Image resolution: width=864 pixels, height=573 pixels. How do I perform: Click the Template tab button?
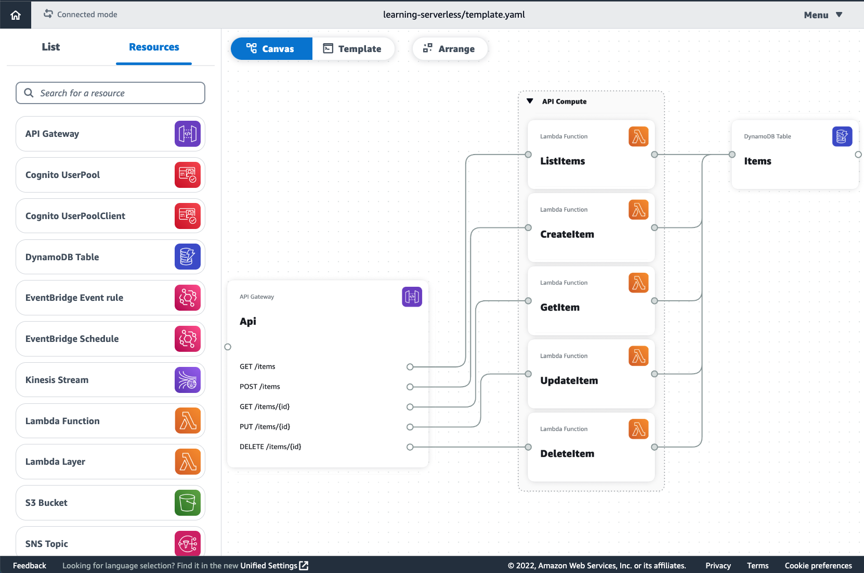(352, 49)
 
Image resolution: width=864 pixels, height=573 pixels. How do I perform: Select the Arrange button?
(449, 49)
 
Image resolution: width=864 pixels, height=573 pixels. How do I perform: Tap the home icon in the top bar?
(16, 15)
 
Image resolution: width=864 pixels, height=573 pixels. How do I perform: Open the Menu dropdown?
(822, 15)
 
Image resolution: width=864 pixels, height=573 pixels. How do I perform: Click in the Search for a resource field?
(110, 93)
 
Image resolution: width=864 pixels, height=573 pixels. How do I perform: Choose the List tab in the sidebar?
(51, 47)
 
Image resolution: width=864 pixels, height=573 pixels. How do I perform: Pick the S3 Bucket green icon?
(187, 503)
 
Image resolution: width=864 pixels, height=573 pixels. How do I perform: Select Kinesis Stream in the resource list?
(57, 380)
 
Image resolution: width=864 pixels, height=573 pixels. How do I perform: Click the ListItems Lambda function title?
(562, 161)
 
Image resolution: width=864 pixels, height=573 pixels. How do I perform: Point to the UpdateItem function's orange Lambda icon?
(638, 356)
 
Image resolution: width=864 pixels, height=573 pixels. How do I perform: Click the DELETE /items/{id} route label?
(270, 447)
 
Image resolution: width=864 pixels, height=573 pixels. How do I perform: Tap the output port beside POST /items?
(410, 387)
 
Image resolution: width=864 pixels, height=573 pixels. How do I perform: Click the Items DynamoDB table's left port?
(732, 155)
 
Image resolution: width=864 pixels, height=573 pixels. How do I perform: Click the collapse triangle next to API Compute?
(530, 101)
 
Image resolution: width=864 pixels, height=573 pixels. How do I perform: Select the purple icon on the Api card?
(412, 297)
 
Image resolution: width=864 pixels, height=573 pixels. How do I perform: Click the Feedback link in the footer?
(30, 566)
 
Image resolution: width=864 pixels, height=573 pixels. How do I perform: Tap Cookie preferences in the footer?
(818, 566)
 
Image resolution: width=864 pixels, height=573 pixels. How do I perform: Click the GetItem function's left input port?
(528, 301)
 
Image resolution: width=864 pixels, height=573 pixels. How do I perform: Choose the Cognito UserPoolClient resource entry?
(75, 216)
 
